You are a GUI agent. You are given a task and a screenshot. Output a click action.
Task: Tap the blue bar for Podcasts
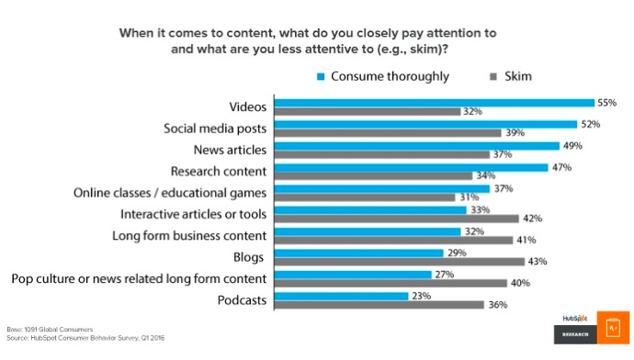[x=342, y=296]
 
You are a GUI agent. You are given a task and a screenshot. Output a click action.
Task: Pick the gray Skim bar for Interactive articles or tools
[x=398, y=218]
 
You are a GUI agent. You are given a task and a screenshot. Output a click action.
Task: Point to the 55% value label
[x=608, y=103]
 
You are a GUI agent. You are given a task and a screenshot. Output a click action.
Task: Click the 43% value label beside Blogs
[x=538, y=262]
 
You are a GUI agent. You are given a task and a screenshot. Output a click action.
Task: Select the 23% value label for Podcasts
[x=422, y=296]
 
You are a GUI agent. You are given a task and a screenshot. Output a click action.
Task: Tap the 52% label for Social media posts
[x=591, y=124]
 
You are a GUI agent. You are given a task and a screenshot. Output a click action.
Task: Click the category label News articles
[x=229, y=150]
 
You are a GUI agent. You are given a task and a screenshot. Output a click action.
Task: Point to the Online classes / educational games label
[x=171, y=193]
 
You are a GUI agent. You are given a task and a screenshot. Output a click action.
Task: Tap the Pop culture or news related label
[x=138, y=278]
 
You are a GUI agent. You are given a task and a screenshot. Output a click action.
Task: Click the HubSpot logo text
[x=575, y=319]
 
